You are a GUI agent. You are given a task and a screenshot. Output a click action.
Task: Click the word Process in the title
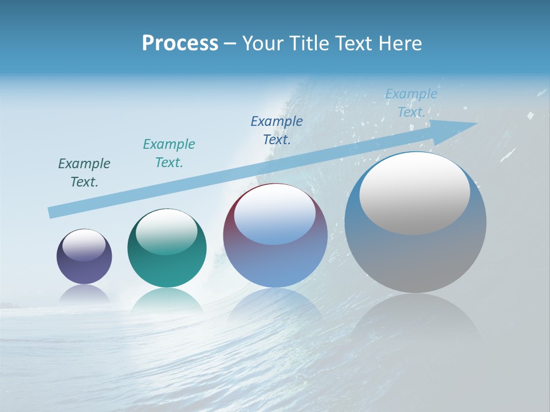click(x=180, y=43)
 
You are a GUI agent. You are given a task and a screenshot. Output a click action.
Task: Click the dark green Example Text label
click(x=84, y=173)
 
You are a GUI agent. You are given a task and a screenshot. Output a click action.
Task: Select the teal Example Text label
click(x=169, y=153)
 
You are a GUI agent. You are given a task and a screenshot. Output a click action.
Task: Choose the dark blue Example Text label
click(x=277, y=130)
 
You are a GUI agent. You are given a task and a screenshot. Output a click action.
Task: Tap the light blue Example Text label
click(x=411, y=103)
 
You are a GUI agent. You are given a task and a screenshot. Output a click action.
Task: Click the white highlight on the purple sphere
click(x=84, y=245)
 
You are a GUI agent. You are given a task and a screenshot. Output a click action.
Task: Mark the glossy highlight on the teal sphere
click(x=167, y=232)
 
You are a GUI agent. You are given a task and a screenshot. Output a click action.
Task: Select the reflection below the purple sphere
click(x=84, y=293)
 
